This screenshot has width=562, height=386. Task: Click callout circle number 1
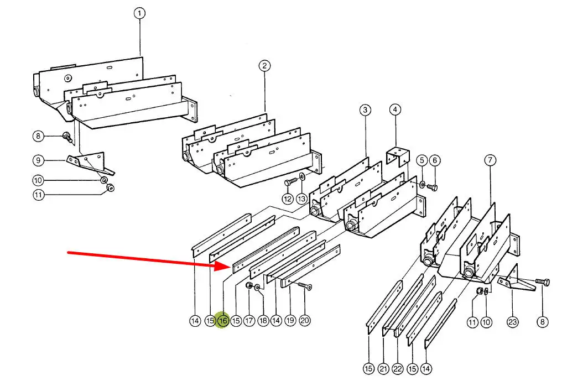[139, 14]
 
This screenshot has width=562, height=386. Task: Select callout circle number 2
[264, 66]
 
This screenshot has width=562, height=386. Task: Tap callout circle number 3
[365, 109]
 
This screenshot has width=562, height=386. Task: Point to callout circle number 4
[395, 109]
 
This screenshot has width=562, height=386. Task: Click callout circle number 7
[490, 160]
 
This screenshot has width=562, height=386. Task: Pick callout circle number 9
[38, 160]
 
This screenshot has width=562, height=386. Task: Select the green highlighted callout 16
[223, 320]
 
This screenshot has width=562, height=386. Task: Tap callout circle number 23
[513, 322]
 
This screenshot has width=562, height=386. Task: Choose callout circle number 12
[288, 199]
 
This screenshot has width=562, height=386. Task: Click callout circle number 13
[302, 199]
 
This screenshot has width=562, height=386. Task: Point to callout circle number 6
[435, 160]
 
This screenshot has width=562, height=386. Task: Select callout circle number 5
[422, 160]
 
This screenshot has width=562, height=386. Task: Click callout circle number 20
[304, 320]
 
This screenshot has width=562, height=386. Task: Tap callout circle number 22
[398, 368]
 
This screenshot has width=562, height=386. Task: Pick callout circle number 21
[383, 368]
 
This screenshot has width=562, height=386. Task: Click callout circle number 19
[290, 320]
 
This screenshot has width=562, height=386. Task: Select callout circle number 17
[249, 320]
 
